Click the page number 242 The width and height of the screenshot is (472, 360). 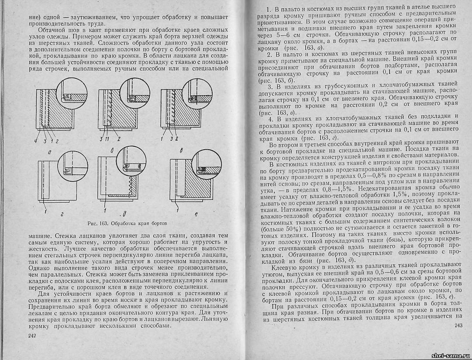tap(31, 336)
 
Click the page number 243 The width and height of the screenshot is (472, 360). tap(458, 325)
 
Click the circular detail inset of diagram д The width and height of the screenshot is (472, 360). tap(133, 165)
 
